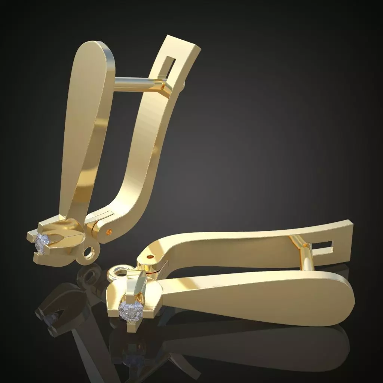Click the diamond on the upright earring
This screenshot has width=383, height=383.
pyautogui.click(x=42, y=243)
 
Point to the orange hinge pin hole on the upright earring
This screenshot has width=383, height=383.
pyautogui.click(x=108, y=232)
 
